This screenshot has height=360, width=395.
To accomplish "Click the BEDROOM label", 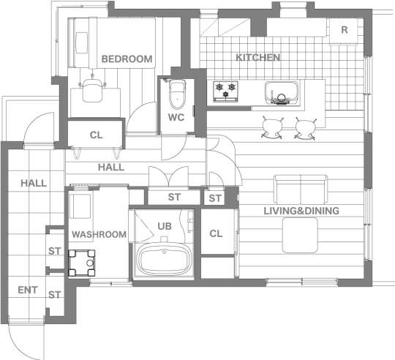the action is coord(127,59).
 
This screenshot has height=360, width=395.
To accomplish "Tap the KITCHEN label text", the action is coord(258,57).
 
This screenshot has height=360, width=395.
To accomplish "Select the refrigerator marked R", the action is coord(344,31).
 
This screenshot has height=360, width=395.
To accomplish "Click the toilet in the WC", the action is coord(178,94).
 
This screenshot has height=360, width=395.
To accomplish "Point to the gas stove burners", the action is coord(225,91).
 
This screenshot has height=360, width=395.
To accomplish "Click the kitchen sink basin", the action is coord(281,92).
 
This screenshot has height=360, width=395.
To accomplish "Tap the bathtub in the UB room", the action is coord(164,260).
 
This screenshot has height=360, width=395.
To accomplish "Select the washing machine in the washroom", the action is coord(82,263).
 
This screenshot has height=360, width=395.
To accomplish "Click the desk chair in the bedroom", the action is coord(92,90).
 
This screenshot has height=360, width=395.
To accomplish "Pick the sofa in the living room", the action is coord(301,189).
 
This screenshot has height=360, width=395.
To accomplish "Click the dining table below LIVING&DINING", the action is coord(300,236).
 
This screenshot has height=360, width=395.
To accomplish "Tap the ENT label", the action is coord(28,290).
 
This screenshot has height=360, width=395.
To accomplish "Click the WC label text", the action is coord(176,117).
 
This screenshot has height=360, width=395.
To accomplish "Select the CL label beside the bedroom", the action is coord(97,135).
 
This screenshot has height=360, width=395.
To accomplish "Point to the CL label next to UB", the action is coord(216,233).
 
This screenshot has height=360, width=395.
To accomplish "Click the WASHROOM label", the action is coord(99,235).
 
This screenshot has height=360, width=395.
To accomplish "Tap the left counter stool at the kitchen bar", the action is coord(273,127).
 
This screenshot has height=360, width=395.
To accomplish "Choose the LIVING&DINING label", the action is coord(301,211).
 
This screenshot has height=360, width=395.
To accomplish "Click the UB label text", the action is coord(165,226).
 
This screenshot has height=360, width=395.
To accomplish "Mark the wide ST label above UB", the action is coord(174,197).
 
